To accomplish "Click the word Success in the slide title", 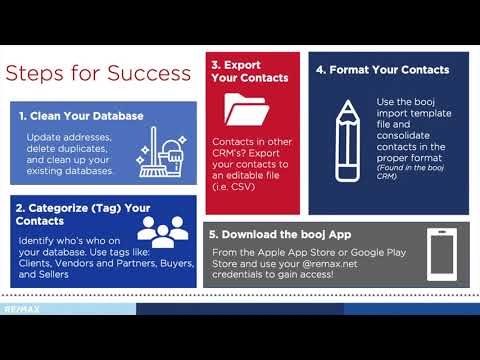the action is [x=149, y=73].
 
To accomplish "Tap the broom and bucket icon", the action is [x=161, y=152].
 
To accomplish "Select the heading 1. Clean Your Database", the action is [x=81, y=116].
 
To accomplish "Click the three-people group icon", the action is [x=163, y=232].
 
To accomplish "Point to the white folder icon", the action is [x=246, y=109].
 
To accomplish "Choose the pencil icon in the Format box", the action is [x=348, y=141].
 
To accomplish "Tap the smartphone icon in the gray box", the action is [x=442, y=255].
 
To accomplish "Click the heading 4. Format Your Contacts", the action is [x=383, y=70].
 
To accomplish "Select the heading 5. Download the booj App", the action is [x=280, y=235].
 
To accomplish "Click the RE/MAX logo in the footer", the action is [x=22, y=309].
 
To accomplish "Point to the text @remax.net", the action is [x=330, y=264].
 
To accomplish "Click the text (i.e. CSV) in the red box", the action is [x=234, y=187].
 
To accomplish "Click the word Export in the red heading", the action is [x=242, y=65].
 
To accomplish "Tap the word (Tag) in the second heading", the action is [x=106, y=208].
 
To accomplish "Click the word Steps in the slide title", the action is [x=34, y=74].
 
